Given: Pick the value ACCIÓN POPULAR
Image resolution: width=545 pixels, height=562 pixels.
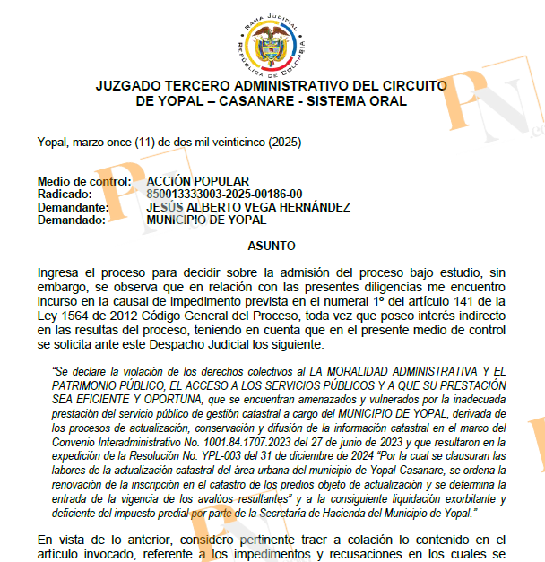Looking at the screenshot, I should pos(197,181).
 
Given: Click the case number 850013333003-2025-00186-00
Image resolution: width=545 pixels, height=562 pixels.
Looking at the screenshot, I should pos(224,194).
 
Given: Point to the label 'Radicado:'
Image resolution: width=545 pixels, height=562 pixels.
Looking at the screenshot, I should pos(65,194).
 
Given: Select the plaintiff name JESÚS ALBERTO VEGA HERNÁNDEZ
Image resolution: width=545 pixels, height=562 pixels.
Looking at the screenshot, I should pos(248,207).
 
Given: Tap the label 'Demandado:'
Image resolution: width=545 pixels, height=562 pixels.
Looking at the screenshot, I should pos(73,220).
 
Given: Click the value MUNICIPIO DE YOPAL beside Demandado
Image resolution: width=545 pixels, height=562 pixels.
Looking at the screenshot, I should pos(206,220).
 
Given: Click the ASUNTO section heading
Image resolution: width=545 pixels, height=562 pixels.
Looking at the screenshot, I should pos(272,246).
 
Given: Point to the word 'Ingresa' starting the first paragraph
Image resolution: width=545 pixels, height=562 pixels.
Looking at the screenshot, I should pos(62,272).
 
